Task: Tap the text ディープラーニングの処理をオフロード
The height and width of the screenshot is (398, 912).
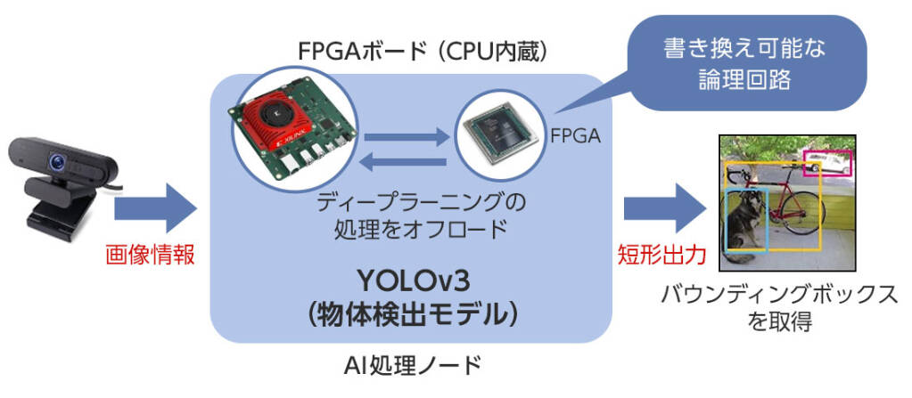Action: click(411, 215)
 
